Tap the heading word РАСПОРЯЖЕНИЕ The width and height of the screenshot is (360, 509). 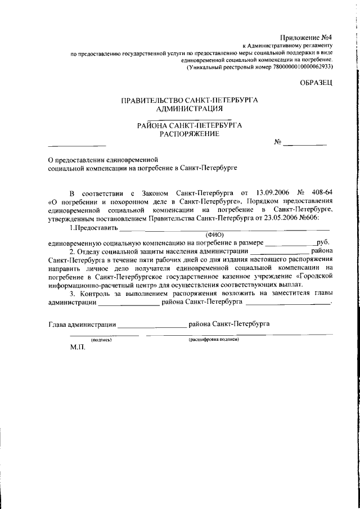click(189, 134)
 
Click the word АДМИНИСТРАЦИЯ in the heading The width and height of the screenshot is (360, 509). click(190, 109)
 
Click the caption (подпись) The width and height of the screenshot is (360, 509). click(101, 340)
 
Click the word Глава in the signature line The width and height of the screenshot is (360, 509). click(57, 324)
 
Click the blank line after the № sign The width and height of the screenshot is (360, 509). click(305, 144)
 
